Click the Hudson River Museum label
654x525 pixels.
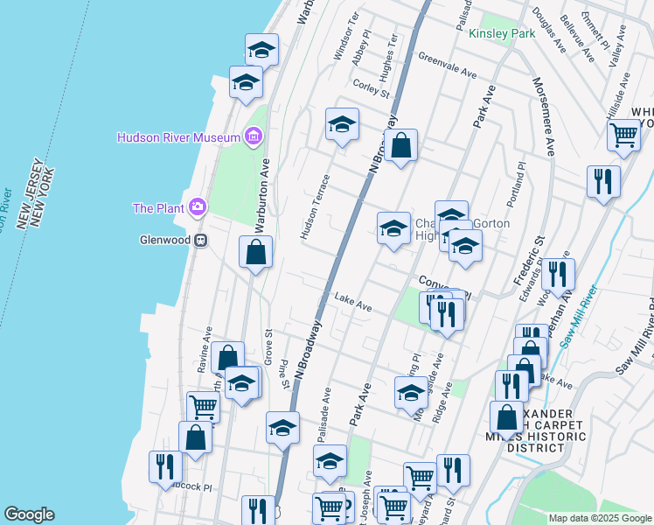[x=178, y=138]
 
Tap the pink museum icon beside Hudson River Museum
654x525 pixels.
[x=254, y=136]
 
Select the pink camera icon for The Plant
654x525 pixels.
[x=198, y=206]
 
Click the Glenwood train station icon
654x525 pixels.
[x=200, y=241]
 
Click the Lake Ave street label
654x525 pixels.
[x=353, y=304]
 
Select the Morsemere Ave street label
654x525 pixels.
[x=542, y=116]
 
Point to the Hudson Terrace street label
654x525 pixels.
[x=315, y=206]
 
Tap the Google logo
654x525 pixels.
[x=29, y=514]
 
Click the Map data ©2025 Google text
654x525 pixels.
[x=599, y=518]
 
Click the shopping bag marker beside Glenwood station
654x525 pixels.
[x=255, y=253]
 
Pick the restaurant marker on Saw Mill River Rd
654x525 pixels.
[x=603, y=181]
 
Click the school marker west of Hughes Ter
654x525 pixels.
[x=342, y=125]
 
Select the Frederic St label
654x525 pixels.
[x=527, y=257]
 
